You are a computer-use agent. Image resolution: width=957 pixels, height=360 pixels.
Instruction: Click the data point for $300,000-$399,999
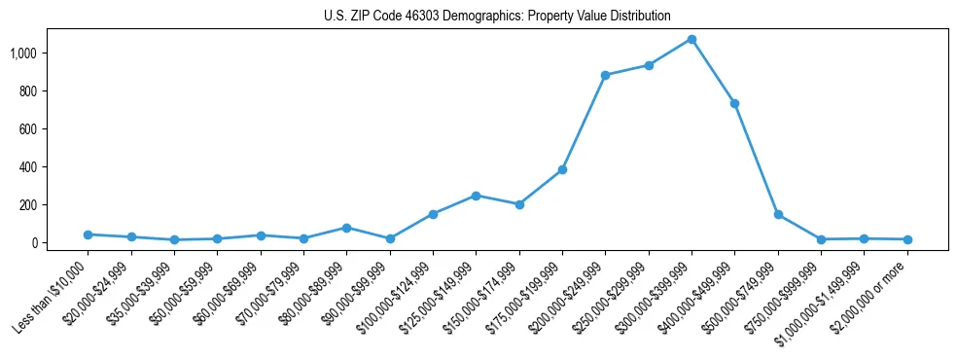691,39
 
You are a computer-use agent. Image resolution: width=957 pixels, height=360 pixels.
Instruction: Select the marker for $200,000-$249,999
605,75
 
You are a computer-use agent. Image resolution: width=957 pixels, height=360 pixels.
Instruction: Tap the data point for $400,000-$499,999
734,103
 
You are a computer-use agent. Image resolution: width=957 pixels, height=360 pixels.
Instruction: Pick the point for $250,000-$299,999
649,65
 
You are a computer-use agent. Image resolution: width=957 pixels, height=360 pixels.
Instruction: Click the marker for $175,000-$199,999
562,169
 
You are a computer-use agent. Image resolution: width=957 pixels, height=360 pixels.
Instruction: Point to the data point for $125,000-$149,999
476,196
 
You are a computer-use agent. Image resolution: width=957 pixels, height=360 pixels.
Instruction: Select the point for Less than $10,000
88,234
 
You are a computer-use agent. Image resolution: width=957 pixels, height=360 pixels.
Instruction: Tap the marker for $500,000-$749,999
778,214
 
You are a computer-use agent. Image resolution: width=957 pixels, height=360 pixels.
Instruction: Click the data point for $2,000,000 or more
907,239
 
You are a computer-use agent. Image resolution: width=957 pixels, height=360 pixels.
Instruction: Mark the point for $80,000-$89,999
346,228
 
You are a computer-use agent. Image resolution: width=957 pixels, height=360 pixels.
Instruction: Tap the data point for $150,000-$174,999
519,204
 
